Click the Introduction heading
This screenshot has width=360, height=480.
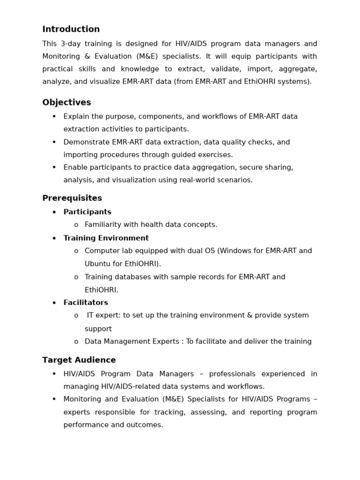(71, 30)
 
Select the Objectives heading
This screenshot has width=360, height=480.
(67, 103)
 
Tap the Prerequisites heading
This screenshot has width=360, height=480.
(72, 198)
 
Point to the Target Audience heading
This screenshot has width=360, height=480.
(79, 360)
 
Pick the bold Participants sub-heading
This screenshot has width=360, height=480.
(87, 212)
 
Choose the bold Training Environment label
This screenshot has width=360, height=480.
(106, 239)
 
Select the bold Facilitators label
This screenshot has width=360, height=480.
(86, 303)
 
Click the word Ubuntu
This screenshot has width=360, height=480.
(97, 264)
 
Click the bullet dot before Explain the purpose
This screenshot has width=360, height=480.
(54, 117)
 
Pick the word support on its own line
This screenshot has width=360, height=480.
(98, 329)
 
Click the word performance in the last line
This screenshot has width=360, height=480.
(85, 425)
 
